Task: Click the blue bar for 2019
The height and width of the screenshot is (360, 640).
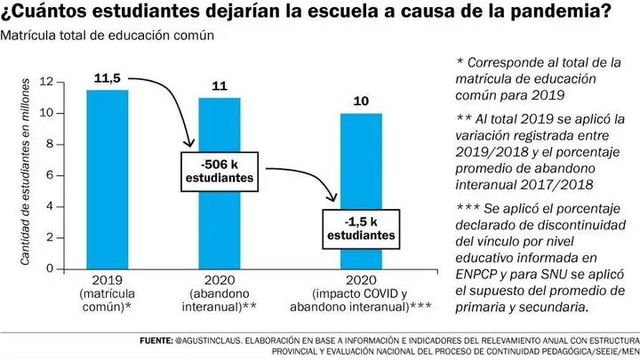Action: (108, 180)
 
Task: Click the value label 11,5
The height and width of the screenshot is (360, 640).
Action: (108, 78)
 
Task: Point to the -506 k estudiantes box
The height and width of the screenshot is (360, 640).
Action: (220, 172)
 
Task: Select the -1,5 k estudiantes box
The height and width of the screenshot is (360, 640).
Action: (361, 229)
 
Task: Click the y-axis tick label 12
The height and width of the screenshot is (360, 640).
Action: (46, 82)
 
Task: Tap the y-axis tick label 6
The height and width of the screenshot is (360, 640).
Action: (50, 175)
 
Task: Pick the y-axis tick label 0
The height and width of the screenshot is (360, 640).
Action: (50, 268)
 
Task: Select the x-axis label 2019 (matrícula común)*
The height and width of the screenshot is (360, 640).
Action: (108, 293)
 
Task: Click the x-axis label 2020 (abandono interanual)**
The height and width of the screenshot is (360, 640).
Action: (220, 293)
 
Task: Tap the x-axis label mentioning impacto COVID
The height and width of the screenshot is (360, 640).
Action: (361, 293)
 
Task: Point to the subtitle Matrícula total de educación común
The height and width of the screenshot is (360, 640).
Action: (107, 36)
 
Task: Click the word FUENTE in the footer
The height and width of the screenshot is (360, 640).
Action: (156, 340)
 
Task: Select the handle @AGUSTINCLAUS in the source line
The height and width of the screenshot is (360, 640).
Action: (208, 340)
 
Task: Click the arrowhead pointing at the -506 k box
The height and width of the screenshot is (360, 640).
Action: (188, 143)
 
